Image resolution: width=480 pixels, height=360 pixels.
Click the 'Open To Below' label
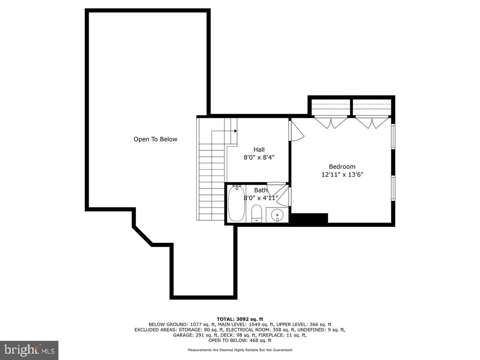155,139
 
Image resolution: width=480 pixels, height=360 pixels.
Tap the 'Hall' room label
259,150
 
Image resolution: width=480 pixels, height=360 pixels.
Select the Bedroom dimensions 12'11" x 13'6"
342,174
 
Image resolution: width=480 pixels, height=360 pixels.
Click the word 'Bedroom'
342,166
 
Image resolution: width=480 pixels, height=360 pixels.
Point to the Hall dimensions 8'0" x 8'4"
259,158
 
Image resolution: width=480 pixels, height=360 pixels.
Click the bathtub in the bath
236,203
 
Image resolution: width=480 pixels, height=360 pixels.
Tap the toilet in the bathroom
256,214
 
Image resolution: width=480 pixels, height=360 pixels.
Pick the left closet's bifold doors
331,122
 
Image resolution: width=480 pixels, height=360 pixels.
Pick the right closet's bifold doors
372,122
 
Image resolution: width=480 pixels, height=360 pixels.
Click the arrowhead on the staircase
236,131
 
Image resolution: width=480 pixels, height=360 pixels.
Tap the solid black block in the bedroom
309,218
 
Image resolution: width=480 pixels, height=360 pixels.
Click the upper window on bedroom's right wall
393,136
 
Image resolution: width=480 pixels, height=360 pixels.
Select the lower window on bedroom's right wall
393,188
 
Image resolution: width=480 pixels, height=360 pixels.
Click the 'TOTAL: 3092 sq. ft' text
240,319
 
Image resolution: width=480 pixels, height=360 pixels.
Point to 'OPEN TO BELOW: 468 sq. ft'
240,340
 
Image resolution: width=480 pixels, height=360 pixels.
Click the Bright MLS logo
29,350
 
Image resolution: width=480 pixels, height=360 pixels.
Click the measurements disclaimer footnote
240,350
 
